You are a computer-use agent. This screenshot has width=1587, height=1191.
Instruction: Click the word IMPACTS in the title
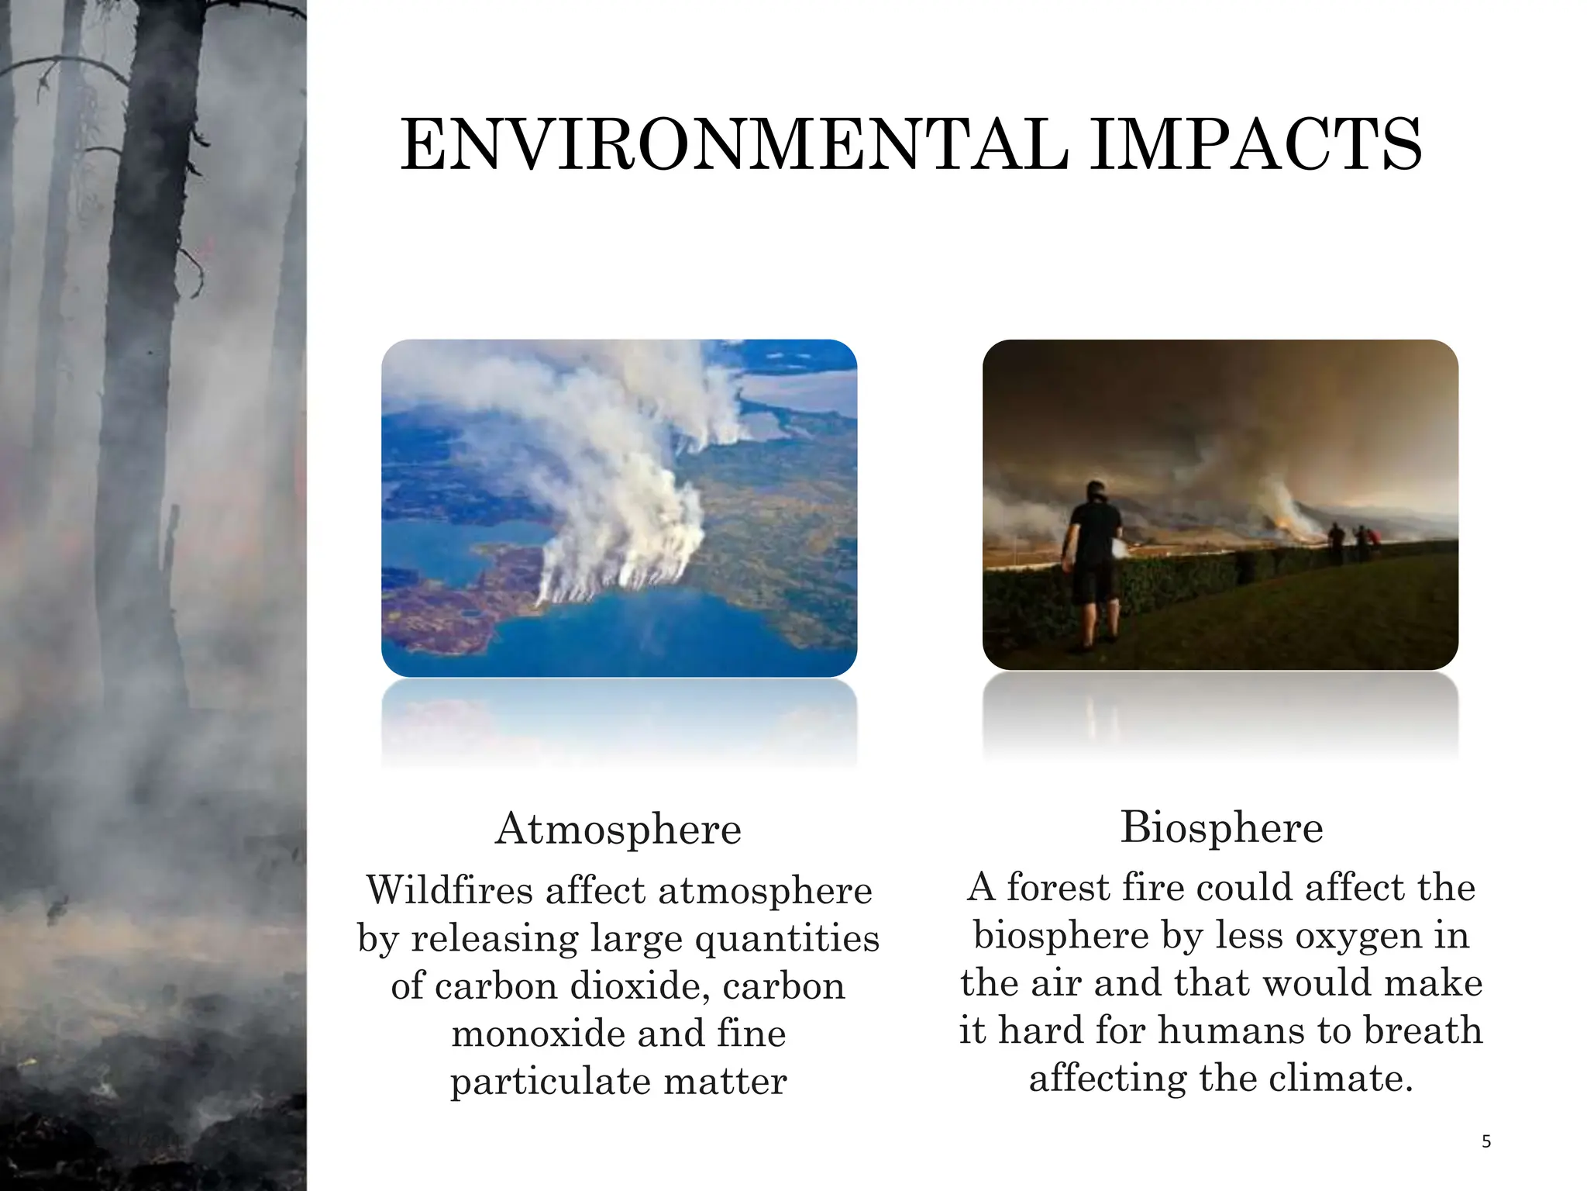(x=1255, y=145)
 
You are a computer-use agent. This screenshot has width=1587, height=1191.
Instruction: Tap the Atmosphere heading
(x=618, y=829)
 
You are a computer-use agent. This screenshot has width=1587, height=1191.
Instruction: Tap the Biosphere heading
(x=1221, y=827)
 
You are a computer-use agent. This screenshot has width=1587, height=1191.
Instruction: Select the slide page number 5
(x=1485, y=1141)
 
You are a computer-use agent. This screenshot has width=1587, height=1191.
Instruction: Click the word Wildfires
(x=450, y=889)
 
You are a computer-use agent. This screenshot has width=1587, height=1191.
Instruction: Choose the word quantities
(x=787, y=938)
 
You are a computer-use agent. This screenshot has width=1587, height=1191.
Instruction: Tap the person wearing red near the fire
(x=1372, y=540)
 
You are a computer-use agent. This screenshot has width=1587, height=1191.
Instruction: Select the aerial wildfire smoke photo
(x=618, y=508)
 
